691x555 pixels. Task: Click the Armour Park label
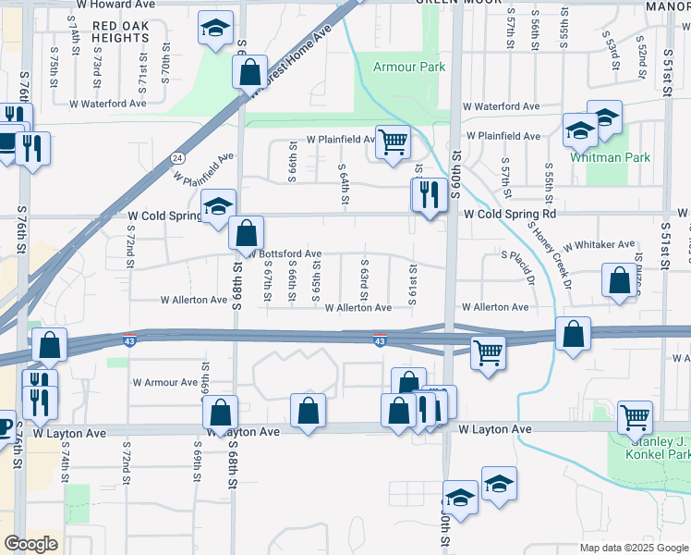[x=408, y=67]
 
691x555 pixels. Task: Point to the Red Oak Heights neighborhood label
[x=121, y=31]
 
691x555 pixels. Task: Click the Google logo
[x=30, y=544]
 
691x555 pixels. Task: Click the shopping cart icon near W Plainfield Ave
[x=393, y=142]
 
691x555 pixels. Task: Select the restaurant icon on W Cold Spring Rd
[x=428, y=194]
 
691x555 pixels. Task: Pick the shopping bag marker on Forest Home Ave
[x=249, y=71]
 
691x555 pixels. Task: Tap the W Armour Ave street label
[x=165, y=381]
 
